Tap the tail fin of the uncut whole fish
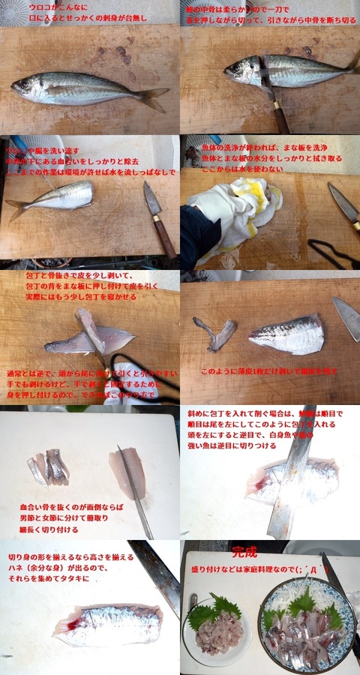154,97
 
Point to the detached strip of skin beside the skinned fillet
215,333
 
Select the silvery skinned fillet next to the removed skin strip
287,334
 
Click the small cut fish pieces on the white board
49,467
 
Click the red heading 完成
244,553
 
